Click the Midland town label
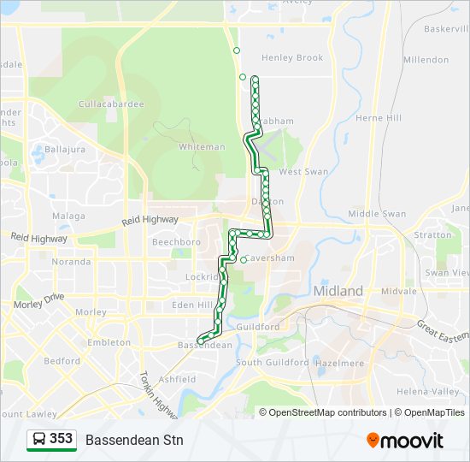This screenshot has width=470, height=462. pos(338,291)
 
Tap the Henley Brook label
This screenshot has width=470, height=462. pos(292,58)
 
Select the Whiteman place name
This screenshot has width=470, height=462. pos(202,147)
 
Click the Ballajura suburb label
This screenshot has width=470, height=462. pos(65,150)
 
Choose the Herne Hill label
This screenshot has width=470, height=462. pos(378,118)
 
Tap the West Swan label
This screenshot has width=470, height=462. pos(303,172)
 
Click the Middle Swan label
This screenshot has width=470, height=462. pos(377,214)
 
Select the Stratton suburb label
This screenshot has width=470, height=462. pos(432,234)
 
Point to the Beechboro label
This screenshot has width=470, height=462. pos(176,242)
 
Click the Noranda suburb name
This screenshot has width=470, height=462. pos(71,262)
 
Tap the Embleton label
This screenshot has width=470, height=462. pos(109,342)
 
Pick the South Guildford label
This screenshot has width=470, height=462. pos(272,363)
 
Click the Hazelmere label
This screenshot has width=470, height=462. pos(340,363)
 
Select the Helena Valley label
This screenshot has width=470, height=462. pos(433,391)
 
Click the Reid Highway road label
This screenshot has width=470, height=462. pos(150,221)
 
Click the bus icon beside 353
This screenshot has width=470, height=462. pos(38,440)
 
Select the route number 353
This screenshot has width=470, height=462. pos(61,439)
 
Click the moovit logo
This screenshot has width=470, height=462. pos(405,441)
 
